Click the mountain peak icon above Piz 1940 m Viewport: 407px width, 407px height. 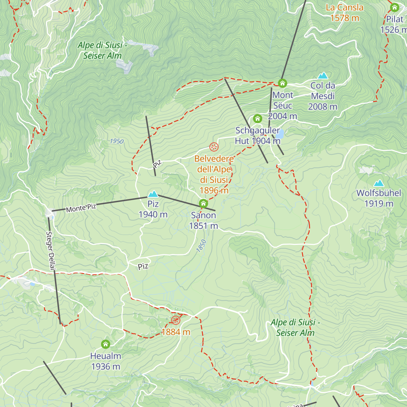point(153,194)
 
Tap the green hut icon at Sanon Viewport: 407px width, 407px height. point(203,203)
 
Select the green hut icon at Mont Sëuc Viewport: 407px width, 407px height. point(282,83)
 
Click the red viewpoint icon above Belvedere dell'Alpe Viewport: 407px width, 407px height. point(214,147)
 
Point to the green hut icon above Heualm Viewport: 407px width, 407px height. point(105,344)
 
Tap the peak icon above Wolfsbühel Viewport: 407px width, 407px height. point(379,183)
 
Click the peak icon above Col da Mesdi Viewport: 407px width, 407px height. point(323,75)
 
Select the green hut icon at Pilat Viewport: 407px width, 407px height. point(394,7)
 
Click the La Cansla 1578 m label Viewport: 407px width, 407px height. point(345,13)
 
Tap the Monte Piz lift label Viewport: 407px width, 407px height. point(81,208)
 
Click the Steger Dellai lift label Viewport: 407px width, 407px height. point(51,251)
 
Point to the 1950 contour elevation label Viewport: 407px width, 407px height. point(117,141)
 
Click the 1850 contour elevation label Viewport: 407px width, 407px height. point(201,246)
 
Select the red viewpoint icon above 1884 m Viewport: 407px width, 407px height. point(175,320)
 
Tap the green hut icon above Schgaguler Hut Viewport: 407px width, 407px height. point(257,119)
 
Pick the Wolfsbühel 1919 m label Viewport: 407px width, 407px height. point(379,198)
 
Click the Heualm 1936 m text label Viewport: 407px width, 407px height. point(105,361)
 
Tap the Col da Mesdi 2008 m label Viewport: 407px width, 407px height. point(323,96)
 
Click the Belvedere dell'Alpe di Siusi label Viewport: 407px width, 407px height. point(214,174)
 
